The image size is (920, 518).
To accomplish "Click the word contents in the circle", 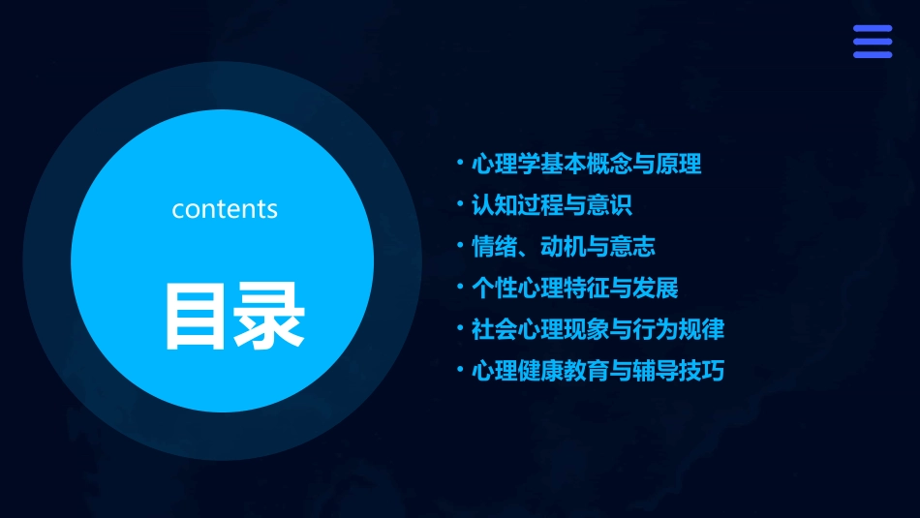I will click(225, 209).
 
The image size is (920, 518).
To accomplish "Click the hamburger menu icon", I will click(872, 42).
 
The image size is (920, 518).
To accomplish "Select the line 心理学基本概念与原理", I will click(586, 164).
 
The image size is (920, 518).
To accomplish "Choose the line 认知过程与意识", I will click(552, 205).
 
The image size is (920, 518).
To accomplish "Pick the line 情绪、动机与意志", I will click(563, 247).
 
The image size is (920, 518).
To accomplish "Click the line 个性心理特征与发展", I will click(574, 288).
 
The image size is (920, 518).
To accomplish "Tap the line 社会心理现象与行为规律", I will click(598, 329).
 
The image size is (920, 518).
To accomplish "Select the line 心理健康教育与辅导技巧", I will click(598, 371).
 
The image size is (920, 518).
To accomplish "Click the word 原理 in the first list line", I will click(678, 164).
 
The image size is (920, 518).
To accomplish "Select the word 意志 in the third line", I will click(632, 247).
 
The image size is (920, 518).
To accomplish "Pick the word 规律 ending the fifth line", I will click(701, 329).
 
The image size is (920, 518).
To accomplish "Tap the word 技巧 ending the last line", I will click(701, 371).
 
